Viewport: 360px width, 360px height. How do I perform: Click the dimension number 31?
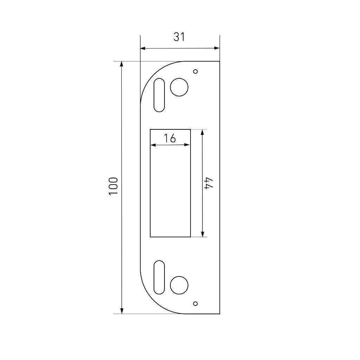(x=179, y=37)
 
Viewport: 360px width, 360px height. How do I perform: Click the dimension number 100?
(x=113, y=186)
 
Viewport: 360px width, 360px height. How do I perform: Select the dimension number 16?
(x=170, y=138)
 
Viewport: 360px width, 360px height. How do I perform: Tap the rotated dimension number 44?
(x=209, y=183)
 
